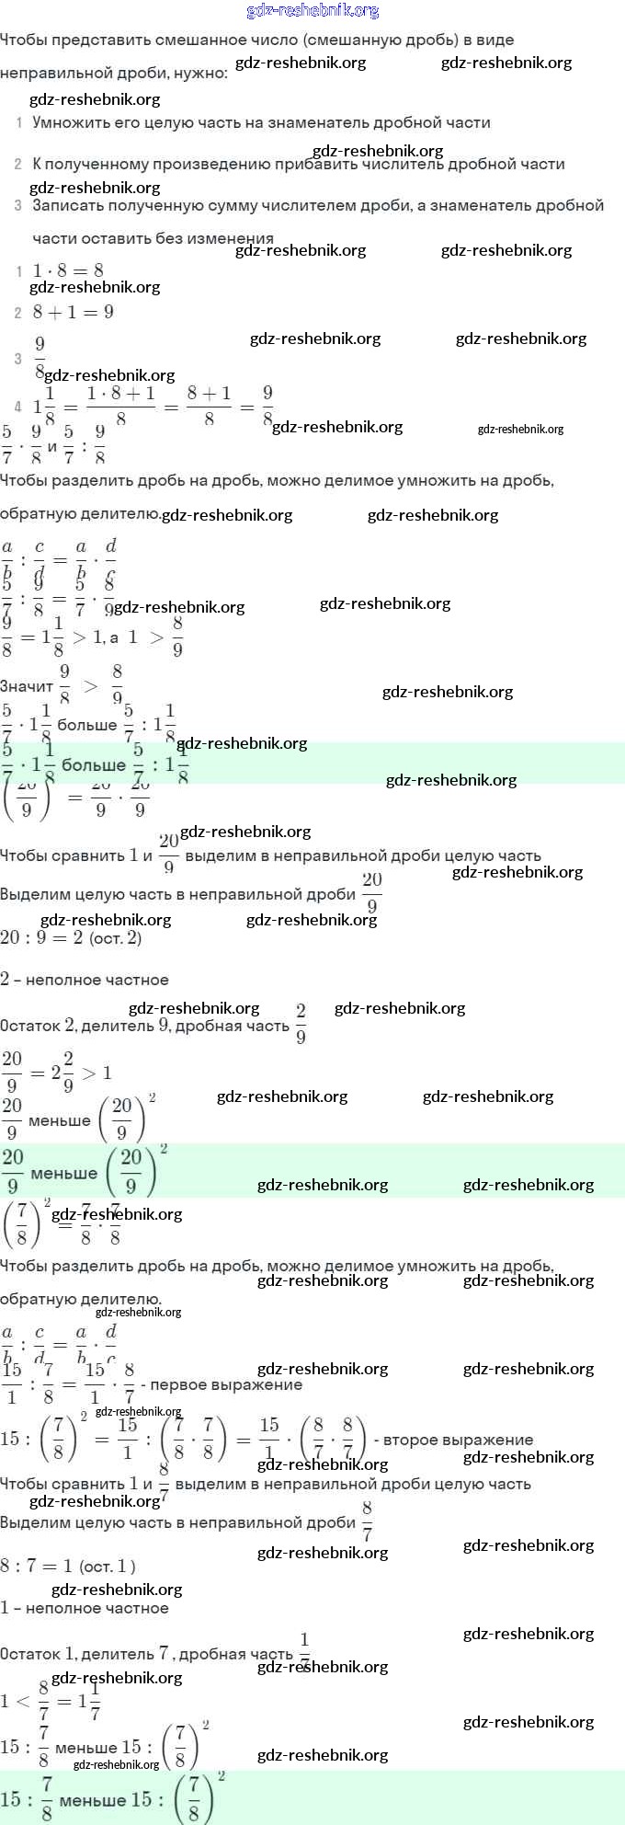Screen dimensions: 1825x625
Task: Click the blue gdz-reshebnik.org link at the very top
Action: click(x=312, y=11)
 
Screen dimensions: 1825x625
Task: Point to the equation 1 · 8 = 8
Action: click(x=68, y=270)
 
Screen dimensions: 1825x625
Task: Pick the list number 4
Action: click(x=18, y=407)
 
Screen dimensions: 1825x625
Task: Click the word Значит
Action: click(x=27, y=686)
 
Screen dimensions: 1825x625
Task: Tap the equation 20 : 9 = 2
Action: click(x=41, y=938)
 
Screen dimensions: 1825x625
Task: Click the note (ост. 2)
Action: click(x=116, y=938)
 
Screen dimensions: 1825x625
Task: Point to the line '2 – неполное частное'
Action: click(x=85, y=980)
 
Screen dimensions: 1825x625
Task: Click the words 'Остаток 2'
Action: click(x=37, y=1027)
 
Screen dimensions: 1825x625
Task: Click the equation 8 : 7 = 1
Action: click(x=37, y=1567)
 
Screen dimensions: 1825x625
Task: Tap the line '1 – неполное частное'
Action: click(x=85, y=1608)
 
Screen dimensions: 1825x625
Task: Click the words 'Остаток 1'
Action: click(x=37, y=1654)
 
